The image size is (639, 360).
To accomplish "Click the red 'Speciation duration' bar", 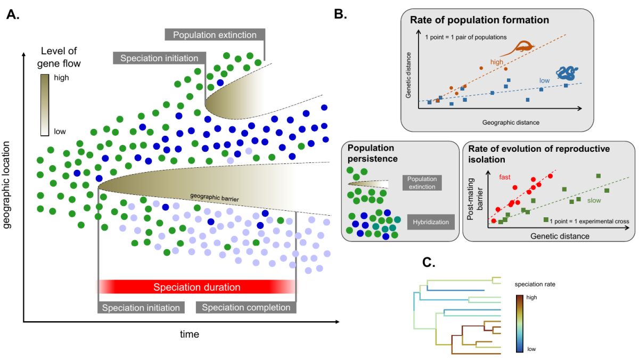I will (196, 287).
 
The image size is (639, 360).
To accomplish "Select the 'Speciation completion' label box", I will (246, 307).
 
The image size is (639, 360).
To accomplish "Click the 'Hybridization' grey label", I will (430, 222).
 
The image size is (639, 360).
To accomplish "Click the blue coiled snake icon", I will (568, 73).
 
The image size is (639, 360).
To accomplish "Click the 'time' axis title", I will (189, 334).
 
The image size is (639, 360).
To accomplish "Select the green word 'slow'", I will (595, 200).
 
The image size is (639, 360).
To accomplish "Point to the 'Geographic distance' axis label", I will (511, 122).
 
